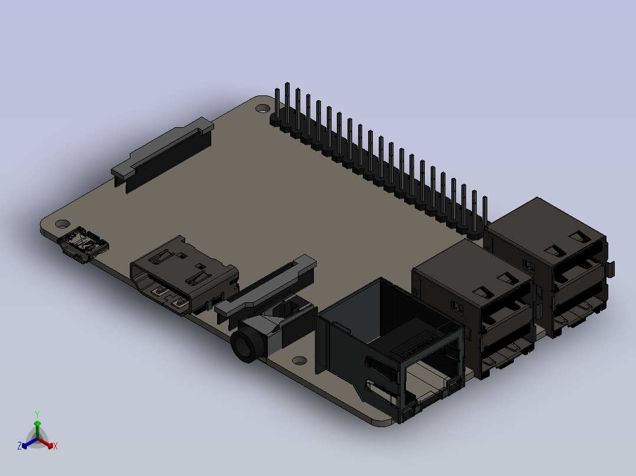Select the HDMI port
(183, 275)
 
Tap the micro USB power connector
(83, 244)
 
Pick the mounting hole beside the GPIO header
(263, 108)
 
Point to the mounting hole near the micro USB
(63, 224)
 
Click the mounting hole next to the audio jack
(299, 361)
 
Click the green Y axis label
(37, 414)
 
